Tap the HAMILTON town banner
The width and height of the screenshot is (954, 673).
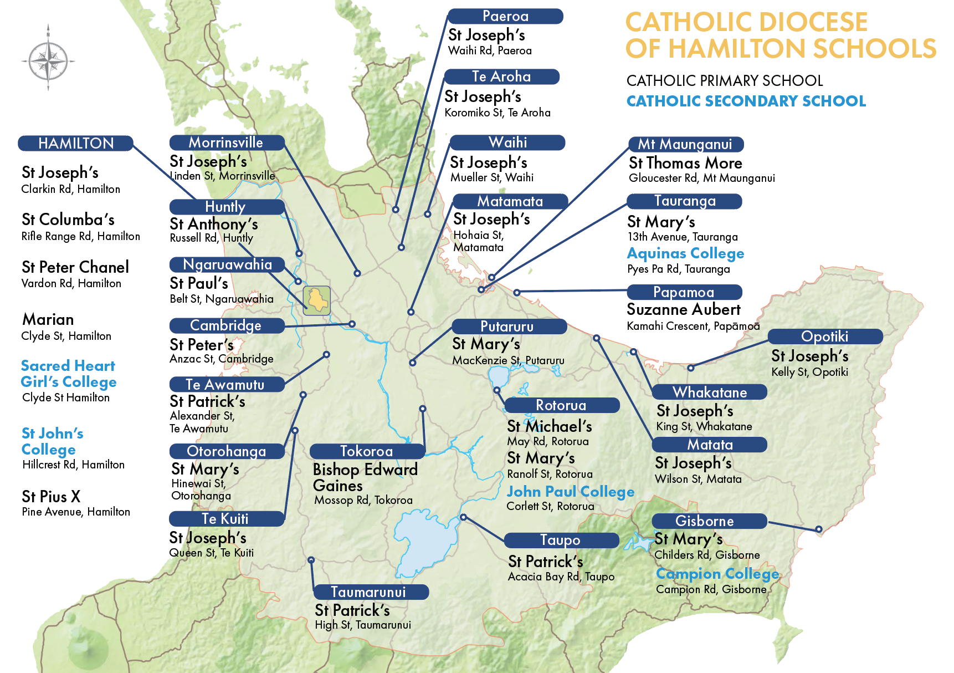point(76,143)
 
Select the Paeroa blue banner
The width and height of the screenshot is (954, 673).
point(505,16)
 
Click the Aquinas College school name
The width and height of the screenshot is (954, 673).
point(685,253)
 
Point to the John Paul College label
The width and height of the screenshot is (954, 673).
point(571,492)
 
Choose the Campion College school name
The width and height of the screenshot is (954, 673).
point(717,573)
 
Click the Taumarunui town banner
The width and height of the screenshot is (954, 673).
point(368,592)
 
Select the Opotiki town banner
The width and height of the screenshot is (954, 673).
point(824,336)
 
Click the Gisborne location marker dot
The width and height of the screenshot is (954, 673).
point(818,529)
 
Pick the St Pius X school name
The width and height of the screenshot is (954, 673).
point(51,496)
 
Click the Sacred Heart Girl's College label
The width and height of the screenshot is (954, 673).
point(68,374)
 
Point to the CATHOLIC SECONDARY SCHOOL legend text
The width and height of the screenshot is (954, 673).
point(746,101)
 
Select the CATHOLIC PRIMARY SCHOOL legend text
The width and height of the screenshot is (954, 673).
point(724,81)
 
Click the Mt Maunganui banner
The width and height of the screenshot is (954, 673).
point(685,144)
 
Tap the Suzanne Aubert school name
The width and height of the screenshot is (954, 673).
point(684,309)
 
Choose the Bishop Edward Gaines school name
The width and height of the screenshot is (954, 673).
point(365,477)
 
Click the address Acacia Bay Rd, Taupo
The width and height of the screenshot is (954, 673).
point(561,577)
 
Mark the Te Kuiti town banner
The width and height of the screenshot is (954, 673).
point(225,519)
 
